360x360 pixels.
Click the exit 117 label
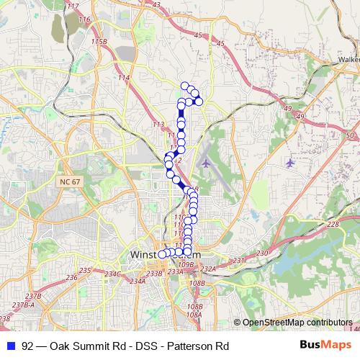coord(72,6)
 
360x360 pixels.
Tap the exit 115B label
coord(99,42)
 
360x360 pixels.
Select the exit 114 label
coord(125,77)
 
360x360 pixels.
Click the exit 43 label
coord(176,4)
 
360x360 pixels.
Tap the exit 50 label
coord(351,135)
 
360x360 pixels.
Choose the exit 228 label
coord(333,225)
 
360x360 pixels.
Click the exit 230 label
coord(262,253)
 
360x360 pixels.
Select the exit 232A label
coord(208,269)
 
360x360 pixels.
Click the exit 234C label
coord(112,274)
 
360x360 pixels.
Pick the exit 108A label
coord(193,315)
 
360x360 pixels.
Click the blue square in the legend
coord(10,345)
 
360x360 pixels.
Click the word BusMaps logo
coord(323,344)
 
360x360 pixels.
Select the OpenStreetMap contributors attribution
coord(297,323)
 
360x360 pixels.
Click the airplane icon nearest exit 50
coord(290,162)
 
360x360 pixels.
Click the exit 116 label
coord(84,19)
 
